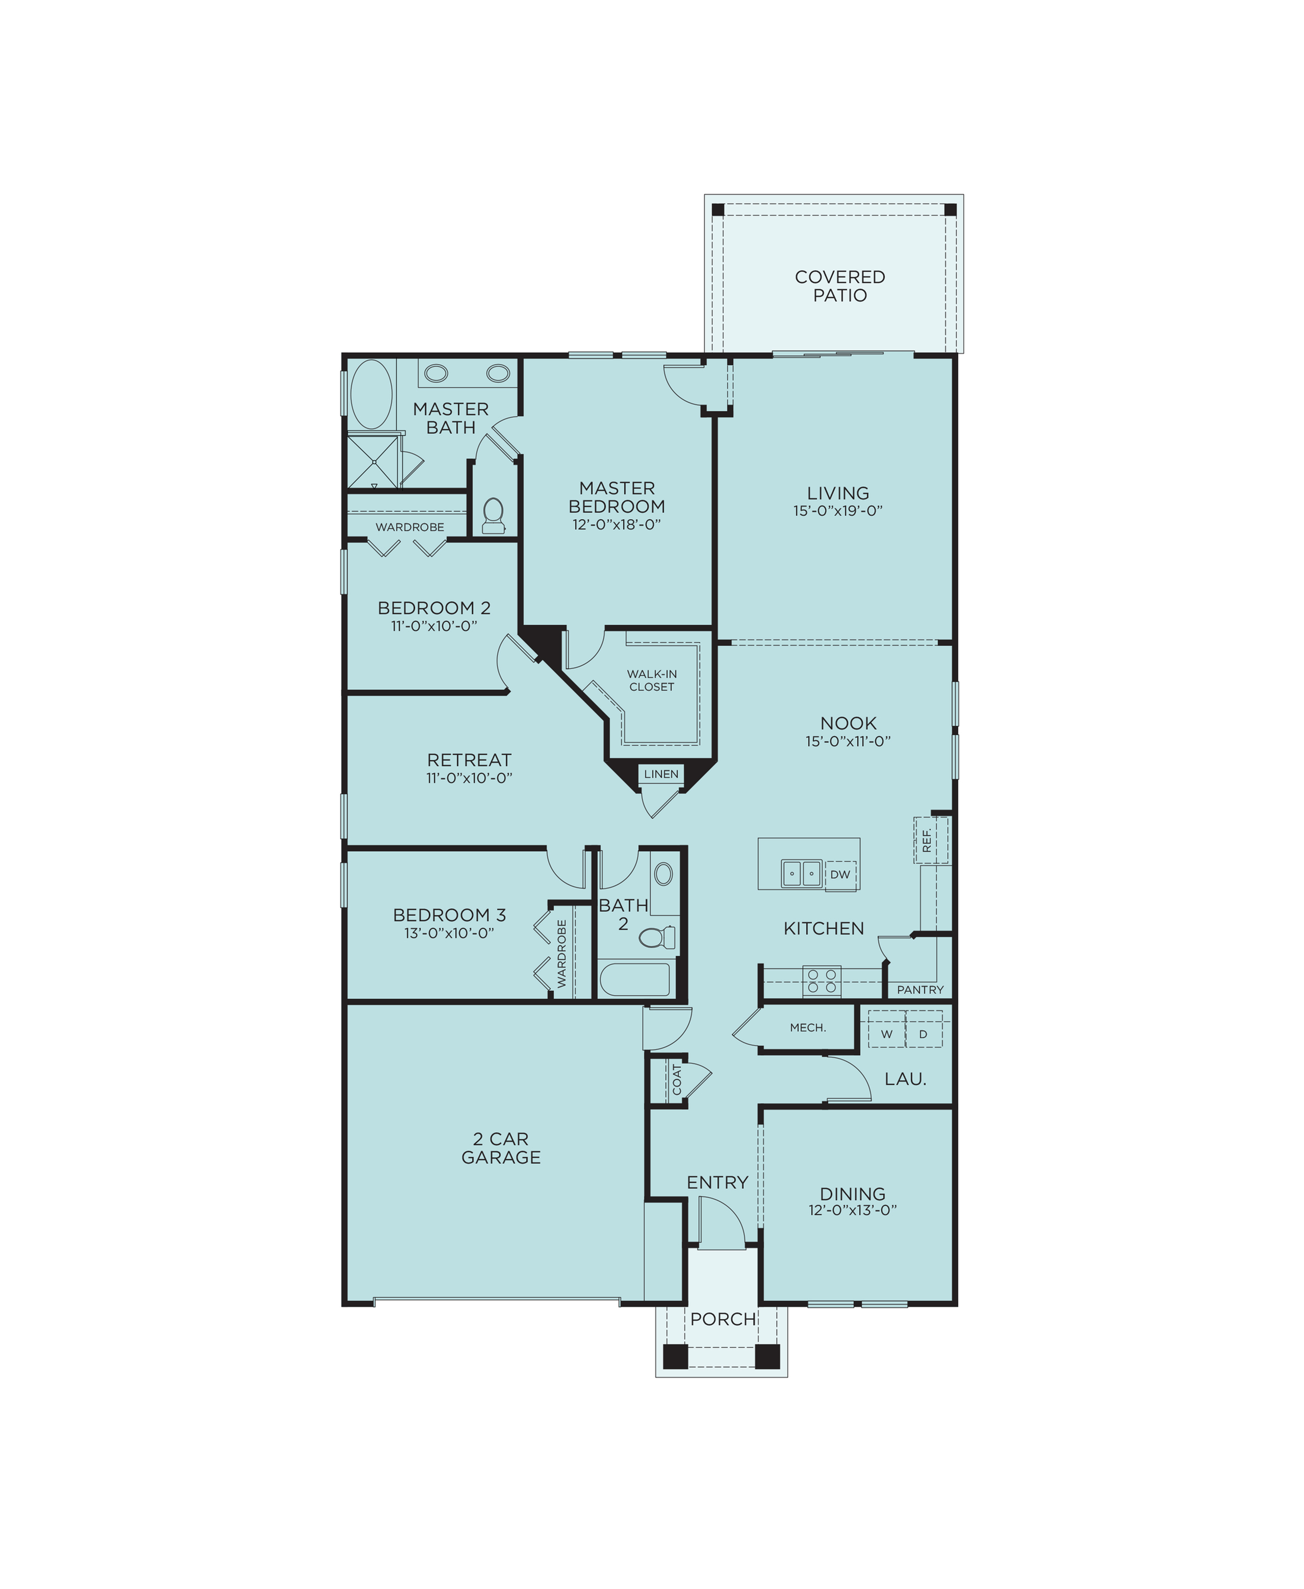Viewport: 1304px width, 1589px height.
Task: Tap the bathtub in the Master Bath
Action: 372,394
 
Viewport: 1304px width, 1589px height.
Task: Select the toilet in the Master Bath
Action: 493,515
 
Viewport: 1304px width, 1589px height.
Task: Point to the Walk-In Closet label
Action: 651,680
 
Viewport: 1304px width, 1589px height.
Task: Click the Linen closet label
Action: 661,774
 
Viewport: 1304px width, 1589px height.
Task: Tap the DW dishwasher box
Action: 840,874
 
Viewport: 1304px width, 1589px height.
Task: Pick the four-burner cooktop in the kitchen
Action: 821,981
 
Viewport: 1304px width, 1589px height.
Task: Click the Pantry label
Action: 919,990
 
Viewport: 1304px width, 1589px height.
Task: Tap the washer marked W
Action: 886,1034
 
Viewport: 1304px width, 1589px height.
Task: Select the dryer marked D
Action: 923,1034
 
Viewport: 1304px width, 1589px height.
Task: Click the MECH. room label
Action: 807,1027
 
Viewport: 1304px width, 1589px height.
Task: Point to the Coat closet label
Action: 677,1079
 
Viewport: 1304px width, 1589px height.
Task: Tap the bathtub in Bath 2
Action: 635,980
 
